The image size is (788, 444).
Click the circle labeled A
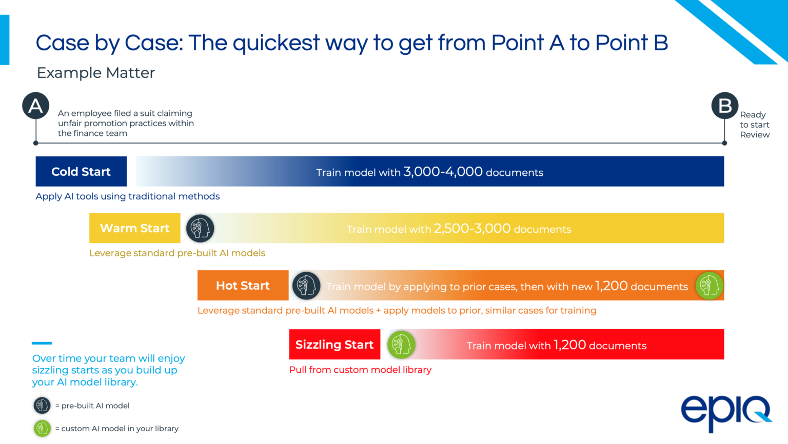point(35,106)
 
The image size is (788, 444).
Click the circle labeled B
point(724,106)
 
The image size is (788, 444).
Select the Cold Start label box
point(81,172)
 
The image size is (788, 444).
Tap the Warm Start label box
point(134,228)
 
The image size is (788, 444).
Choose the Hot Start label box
point(243,286)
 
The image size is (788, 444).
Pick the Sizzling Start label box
point(334,345)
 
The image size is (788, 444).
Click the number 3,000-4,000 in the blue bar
point(443,172)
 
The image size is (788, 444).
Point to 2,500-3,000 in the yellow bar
point(472,228)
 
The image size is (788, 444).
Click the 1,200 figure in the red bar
point(569,345)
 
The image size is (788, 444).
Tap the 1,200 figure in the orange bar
point(611,286)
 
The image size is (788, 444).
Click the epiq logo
point(725,413)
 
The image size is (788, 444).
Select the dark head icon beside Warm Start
point(200,228)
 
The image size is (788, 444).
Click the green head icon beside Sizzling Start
point(401,345)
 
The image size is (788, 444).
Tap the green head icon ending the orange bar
point(709,286)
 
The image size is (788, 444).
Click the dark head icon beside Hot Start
point(306,286)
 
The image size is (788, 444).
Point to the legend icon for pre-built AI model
point(42,406)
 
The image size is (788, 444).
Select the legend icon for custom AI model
point(42,428)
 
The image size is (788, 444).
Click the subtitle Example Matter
point(96,73)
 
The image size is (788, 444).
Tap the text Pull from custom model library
point(360,370)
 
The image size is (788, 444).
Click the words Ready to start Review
point(754,125)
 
